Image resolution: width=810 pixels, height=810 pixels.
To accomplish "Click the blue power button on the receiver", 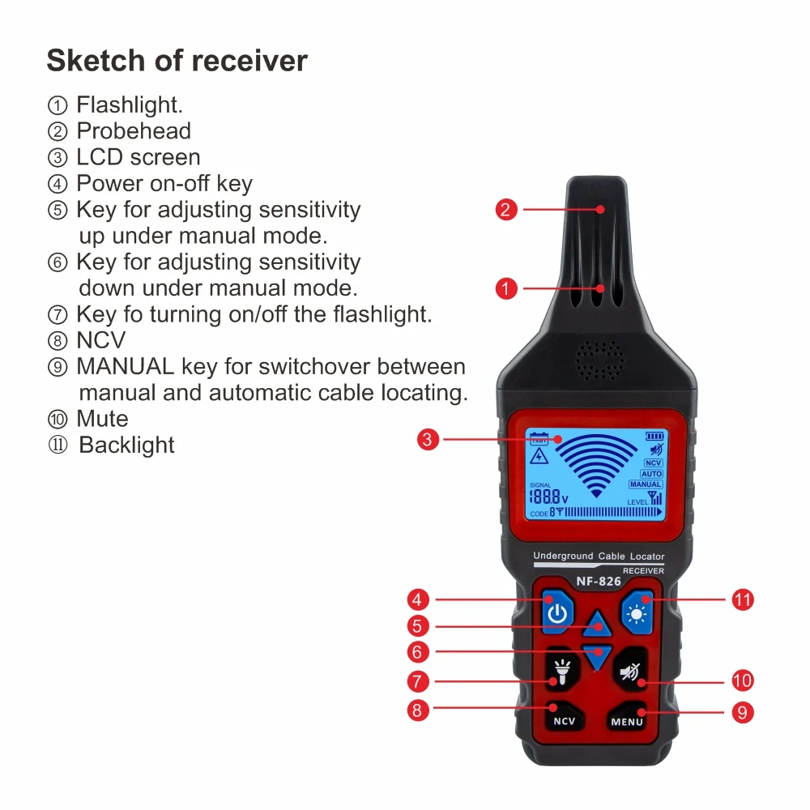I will (x=556, y=613).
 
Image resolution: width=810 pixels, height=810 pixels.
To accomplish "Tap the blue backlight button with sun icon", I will (x=637, y=613).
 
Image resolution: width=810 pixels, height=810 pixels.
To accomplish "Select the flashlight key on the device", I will (x=561, y=671).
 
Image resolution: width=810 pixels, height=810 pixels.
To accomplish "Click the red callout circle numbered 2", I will (x=506, y=210).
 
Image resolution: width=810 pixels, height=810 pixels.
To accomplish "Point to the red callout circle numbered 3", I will (x=428, y=440).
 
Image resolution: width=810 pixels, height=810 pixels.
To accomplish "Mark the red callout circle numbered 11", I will (x=742, y=600).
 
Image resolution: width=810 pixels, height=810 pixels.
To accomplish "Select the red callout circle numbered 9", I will (x=742, y=712).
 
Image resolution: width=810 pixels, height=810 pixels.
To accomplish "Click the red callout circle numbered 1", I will (x=506, y=288).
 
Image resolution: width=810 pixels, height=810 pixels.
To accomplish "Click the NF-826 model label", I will (x=598, y=581).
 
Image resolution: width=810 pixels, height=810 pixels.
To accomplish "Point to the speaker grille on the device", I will (x=599, y=359).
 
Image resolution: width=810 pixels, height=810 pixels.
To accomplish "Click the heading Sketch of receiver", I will (x=177, y=61).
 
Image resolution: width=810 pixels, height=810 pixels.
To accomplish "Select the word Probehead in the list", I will (x=134, y=131).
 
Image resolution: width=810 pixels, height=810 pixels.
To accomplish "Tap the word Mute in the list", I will (x=102, y=419).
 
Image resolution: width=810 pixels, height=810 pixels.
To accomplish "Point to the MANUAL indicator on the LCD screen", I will (x=646, y=484).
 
